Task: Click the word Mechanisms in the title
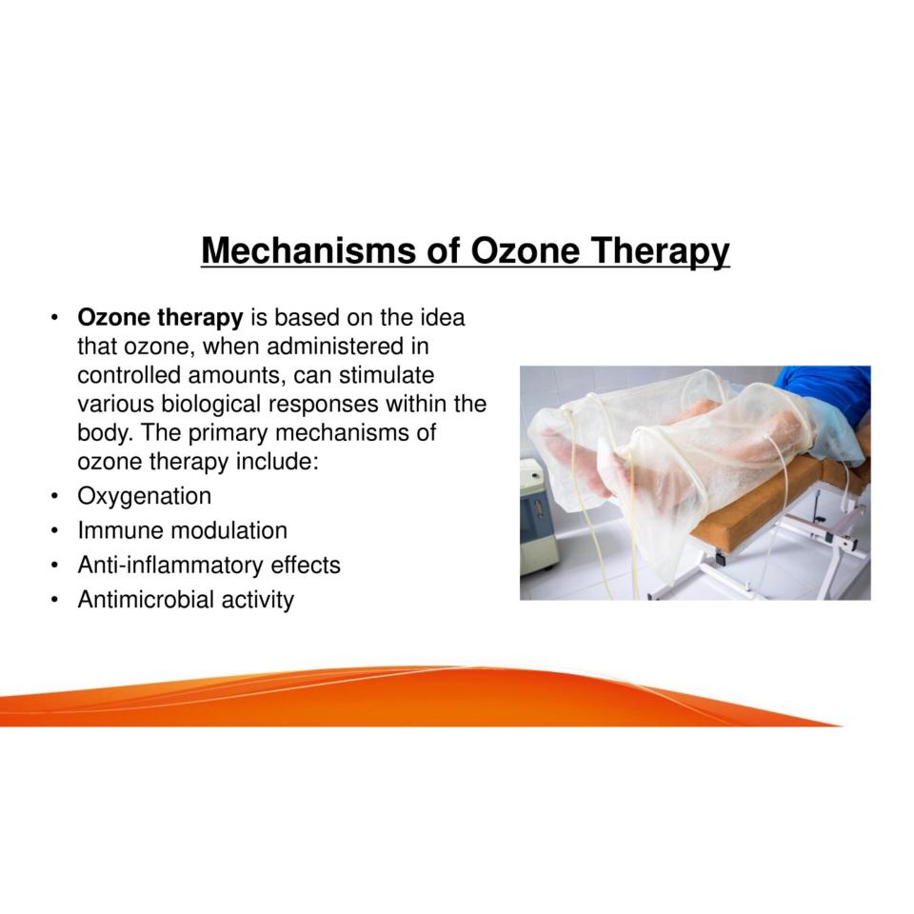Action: pos(308,250)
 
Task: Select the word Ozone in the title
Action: pos(525,250)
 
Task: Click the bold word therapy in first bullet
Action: pos(200,318)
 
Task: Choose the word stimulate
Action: pos(386,375)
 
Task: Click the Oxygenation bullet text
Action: pos(145,497)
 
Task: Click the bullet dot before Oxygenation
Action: pos(54,497)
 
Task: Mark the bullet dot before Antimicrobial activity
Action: pos(54,601)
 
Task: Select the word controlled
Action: pos(129,375)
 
